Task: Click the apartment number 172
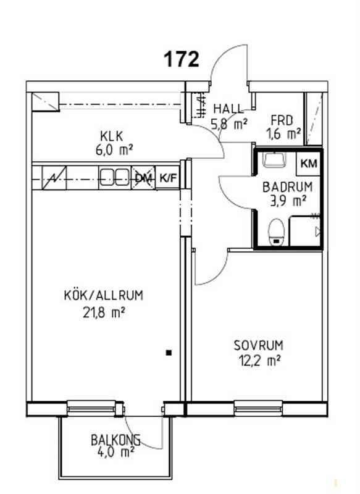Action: coord(182,59)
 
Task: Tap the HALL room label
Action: coord(228,109)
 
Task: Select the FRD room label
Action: coord(282,120)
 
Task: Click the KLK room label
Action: coord(111,136)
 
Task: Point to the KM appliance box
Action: coord(309,164)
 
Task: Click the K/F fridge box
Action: coord(167,178)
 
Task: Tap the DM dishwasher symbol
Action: coord(143,178)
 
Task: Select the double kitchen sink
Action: coord(115,177)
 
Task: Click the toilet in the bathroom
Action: coord(277,232)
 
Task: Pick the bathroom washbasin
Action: coord(275,160)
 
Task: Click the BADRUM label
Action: coord(288,187)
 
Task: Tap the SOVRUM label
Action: coord(258,345)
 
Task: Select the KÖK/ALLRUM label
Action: coord(104,296)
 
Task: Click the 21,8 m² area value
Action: coord(104,312)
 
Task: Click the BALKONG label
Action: coord(115,440)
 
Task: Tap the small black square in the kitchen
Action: coord(169,353)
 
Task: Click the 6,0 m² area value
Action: coord(113,150)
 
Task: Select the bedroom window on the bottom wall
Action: coord(258,409)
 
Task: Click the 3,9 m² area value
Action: coord(288,201)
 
